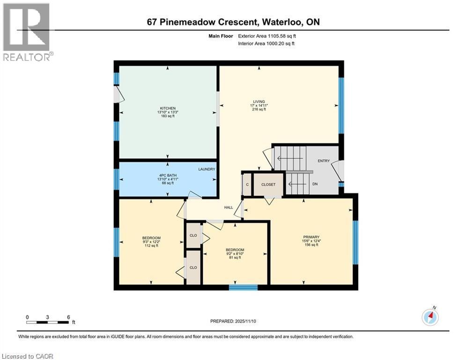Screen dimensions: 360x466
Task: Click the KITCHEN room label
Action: (x=167, y=109)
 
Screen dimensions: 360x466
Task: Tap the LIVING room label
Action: (x=259, y=102)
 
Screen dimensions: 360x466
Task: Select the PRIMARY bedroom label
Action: (x=311, y=237)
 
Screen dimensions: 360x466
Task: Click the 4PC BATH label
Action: (x=167, y=175)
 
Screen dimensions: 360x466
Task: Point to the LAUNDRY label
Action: (x=206, y=169)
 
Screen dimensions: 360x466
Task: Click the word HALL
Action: (x=229, y=207)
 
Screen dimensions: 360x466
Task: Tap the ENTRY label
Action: (x=324, y=161)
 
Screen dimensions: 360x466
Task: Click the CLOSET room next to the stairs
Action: (x=268, y=185)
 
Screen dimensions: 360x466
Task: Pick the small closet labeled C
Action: (x=247, y=185)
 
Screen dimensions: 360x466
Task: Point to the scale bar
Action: (x=48, y=322)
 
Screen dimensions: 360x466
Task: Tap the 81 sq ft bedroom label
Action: (x=235, y=253)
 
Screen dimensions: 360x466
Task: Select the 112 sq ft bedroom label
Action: (x=151, y=241)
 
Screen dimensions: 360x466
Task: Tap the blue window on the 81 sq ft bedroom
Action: (x=243, y=287)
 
